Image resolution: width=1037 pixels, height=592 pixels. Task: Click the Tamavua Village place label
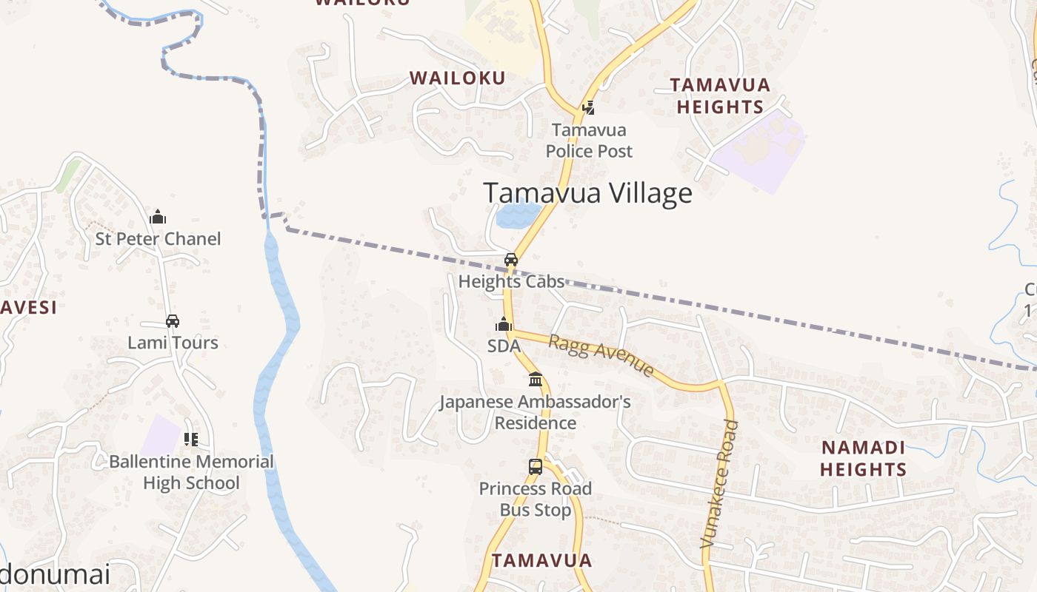pos(587,193)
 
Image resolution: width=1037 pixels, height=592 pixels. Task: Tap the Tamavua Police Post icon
pos(589,108)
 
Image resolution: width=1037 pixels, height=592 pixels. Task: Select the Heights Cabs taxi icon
pos(511,260)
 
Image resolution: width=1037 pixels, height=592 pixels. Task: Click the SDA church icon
pos(504,325)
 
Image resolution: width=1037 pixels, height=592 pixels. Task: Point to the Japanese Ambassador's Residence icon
pos(536,380)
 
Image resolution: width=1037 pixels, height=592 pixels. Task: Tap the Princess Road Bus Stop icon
pos(536,467)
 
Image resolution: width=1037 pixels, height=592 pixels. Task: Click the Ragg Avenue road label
pos(601,355)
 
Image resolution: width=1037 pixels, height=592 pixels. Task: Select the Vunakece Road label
pos(719,484)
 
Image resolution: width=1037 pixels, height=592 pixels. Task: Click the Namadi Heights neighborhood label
pos(863,458)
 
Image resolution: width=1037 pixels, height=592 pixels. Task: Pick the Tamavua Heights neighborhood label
pos(720,96)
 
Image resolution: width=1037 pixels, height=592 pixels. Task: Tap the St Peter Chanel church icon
pos(158,218)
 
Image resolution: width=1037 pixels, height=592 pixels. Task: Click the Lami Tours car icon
pos(173,321)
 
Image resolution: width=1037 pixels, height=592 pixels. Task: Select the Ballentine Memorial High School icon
pos(191,440)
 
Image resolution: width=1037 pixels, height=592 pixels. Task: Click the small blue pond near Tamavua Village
pos(518,215)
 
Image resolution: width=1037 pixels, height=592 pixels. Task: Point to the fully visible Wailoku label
pos(458,78)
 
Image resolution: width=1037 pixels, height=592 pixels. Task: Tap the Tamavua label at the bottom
pos(542,560)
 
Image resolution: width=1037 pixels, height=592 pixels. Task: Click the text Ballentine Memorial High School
pos(191,472)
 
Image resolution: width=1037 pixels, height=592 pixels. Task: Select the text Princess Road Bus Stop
pos(536,499)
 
